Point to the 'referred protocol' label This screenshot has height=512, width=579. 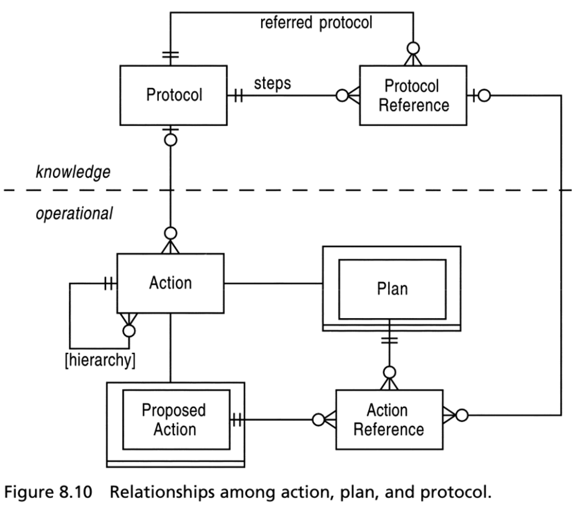coord(316,23)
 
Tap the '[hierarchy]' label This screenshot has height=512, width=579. coord(100,360)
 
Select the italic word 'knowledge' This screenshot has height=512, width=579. coord(73,172)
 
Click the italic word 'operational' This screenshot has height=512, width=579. coord(74,214)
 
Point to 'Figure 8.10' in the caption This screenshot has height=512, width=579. coord(48,492)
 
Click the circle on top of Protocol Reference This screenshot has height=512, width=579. coord(413,48)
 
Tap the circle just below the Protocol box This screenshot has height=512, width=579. coord(170,140)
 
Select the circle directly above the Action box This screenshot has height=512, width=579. coord(170,233)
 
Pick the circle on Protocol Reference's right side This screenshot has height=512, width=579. coord(484,96)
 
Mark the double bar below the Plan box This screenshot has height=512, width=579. coord(389,340)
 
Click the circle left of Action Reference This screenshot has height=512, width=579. coord(318,420)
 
